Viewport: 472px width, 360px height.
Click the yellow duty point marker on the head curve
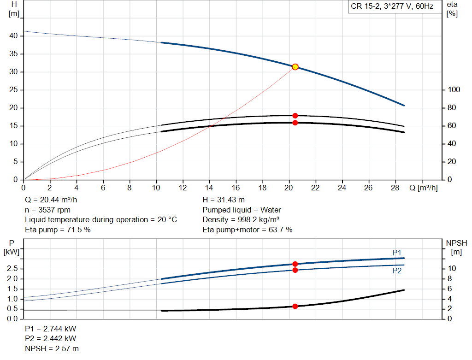click(x=295, y=67)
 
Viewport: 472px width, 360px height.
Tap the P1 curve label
click(x=397, y=252)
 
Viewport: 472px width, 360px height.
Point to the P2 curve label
click(x=397, y=271)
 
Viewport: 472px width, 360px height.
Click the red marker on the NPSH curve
click(x=295, y=306)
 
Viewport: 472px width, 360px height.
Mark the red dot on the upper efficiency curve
click(x=295, y=116)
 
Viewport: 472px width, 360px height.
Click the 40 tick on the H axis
click(x=13, y=36)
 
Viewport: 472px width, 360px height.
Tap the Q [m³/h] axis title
click(x=423, y=188)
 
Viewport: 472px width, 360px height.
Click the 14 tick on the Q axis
click(x=209, y=188)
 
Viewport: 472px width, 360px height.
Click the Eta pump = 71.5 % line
click(x=58, y=229)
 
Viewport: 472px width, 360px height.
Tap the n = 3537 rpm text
click(x=48, y=210)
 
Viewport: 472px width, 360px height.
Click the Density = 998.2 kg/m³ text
click(x=241, y=219)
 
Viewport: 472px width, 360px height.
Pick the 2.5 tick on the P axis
click(x=13, y=268)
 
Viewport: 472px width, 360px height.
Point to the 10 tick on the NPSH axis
click(x=452, y=268)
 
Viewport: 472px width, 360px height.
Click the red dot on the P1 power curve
click(x=295, y=264)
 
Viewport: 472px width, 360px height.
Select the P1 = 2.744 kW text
click(x=51, y=329)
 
